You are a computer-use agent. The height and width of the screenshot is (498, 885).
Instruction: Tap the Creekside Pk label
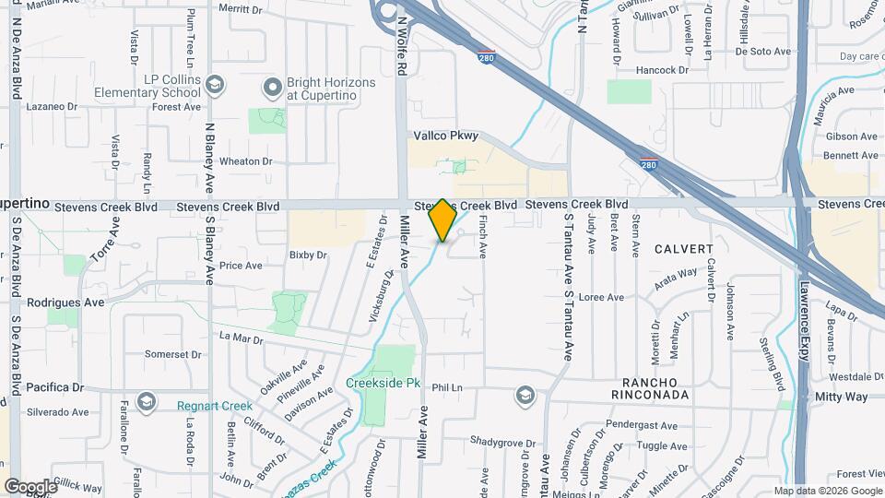pos(381,383)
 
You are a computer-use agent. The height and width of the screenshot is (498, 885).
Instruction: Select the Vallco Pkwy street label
pos(446,136)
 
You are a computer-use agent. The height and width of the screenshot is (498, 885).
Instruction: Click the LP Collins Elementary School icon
pos(215,86)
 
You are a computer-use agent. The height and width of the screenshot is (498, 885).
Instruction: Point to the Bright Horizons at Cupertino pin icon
pos(272,88)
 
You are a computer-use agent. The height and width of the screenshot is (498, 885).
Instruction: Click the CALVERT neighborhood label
pos(684,249)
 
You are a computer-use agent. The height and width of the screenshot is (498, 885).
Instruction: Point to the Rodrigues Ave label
pos(65,302)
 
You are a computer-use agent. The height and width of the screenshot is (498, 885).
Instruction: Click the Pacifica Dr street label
pos(55,387)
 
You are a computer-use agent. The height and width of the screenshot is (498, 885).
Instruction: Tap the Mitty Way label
pos(842,397)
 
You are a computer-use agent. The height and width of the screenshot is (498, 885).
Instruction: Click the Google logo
pos(30,486)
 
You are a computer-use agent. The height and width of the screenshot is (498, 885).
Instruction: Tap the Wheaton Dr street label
pos(246,160)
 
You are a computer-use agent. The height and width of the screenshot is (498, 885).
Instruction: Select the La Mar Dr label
pos(242,338)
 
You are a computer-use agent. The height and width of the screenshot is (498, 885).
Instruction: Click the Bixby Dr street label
pos(308,255)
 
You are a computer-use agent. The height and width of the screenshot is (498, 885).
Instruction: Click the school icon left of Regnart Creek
pos(146,402)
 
